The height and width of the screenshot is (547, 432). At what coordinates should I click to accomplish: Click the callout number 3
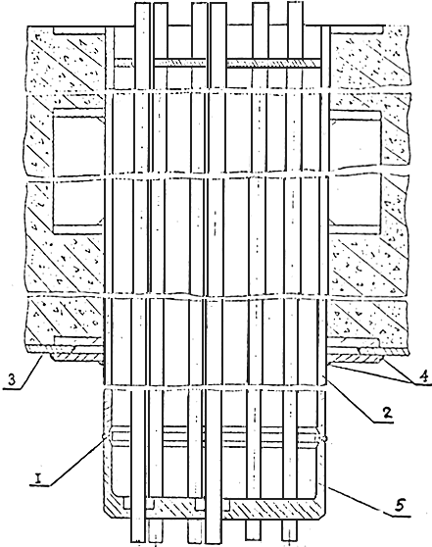12,380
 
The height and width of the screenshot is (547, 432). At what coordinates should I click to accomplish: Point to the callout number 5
400,505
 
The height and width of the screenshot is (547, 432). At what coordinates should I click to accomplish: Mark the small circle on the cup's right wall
325,437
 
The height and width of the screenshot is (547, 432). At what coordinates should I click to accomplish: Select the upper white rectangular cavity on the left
78,146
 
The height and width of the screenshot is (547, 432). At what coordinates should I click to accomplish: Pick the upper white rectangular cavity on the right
355,145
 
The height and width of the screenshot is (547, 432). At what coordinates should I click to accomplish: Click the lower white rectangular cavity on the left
78,203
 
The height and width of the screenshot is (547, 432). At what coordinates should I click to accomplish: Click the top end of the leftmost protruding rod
142,4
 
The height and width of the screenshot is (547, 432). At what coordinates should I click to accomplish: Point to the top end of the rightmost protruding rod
295,4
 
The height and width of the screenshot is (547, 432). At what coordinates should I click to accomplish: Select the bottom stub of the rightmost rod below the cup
289,533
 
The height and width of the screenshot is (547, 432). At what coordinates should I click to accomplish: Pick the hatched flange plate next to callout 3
76,357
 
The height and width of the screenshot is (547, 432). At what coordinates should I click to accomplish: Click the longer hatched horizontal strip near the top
273,63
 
